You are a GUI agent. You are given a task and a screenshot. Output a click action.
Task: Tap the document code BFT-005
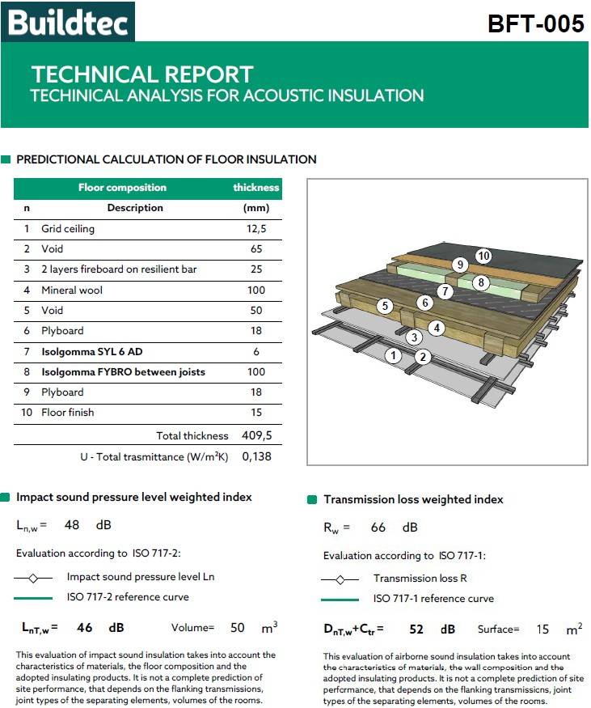pyautogui.click(x=535, y=24)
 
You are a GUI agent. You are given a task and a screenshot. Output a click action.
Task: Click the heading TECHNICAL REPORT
pyautogui.click(x=142, y=74)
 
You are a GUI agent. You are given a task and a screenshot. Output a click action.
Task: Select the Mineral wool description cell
pyautogui.click(x=72, y=290)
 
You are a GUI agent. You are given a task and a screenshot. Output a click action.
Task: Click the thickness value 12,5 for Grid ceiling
pyautogui.click(x=255, y=229)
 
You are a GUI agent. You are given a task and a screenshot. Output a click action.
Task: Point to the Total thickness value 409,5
pyautogui.click(x=256, y=435)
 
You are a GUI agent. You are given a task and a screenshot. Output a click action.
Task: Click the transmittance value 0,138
pyautogui.click(x=256, y=456)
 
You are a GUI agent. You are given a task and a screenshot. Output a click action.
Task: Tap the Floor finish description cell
pyautogui.click(x=68, y=413)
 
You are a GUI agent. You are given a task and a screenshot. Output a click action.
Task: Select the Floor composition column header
pyautogui.click(x=122, y=188)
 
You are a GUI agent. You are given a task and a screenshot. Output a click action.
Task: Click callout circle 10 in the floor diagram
pyautogui.click(x=483, y=256)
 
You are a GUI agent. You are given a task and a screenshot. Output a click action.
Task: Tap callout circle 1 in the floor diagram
pyautogui.click(x=394, y=355)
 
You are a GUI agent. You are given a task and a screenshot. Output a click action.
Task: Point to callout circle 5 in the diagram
pyautogui.click(x=385, y=306)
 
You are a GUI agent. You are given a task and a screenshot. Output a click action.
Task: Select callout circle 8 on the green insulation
pyautogui.click(x=480, y=282)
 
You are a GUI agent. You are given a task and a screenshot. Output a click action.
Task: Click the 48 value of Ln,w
pyautogui.click(x=72, y=524)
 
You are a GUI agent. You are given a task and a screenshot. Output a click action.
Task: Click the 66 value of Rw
pyautogui.click(x=378, y=528)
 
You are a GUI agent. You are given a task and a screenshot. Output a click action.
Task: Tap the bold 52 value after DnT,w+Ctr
pyautogui.click(x=416, y=629)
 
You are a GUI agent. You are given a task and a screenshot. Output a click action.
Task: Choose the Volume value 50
pyautogui.click(x=238, y=627)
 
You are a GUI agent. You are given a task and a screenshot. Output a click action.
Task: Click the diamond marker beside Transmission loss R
pyautogui.click(x=340, y=579)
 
